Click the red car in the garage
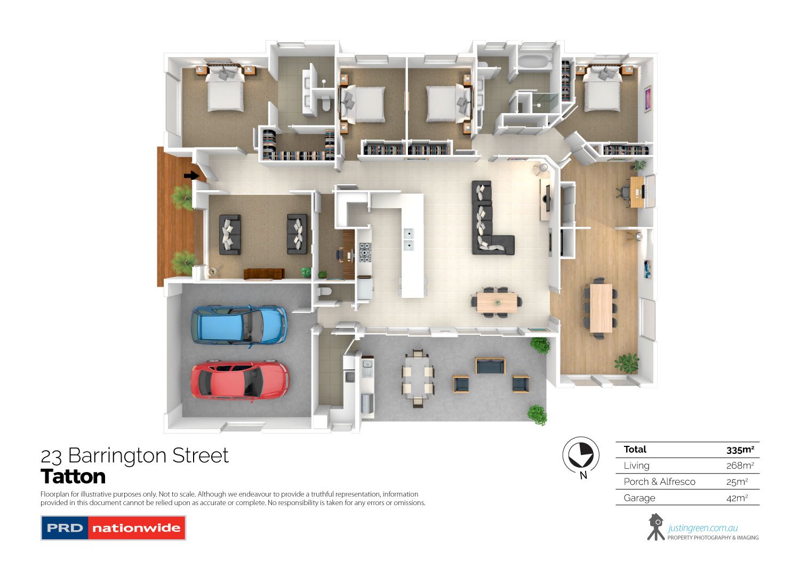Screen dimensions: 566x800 coord(240,380)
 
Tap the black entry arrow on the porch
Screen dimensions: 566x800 coord(190,175)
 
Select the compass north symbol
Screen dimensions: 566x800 coord(581,455)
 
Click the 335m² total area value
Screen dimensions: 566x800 coord(740,450)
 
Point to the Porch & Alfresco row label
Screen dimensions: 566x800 coord(659,482)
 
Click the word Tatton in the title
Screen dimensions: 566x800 coord(73,476)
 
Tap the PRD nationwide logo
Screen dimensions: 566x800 coord(113,528)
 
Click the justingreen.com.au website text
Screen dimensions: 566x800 coord(702,528)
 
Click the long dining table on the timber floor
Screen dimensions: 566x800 coord(601,308)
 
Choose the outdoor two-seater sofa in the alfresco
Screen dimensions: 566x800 coord(490,366)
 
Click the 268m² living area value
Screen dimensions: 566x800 coord(740,466)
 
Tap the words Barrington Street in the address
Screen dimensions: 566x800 coord(148,455)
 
